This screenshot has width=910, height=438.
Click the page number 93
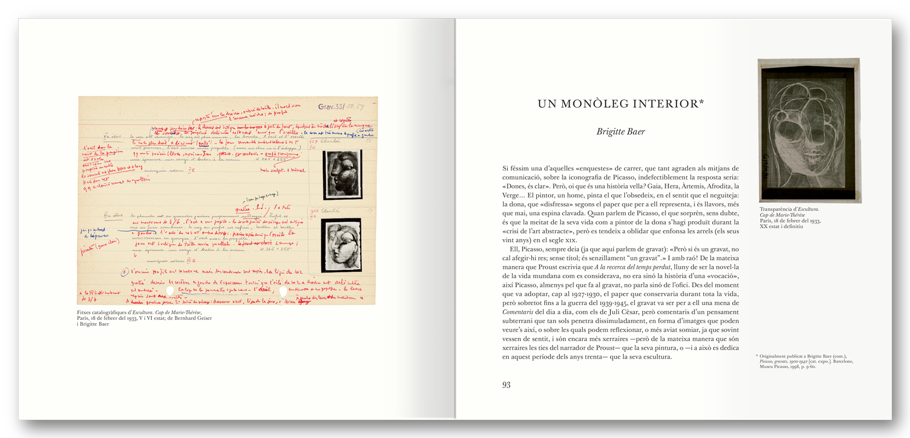(506, 385)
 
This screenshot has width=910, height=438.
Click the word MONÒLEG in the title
(595, 104)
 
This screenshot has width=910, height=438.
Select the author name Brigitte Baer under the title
(621, 131)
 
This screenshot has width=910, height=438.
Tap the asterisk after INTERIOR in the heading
(701, 102)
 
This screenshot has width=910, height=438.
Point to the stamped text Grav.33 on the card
(331, 107)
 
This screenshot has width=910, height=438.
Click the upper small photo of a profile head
(343, 174)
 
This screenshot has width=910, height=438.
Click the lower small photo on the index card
(341, 245)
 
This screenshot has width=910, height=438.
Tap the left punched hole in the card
(170, 291)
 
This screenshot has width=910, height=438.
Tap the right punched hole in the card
(283, 291)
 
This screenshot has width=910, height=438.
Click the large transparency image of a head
(809, 130)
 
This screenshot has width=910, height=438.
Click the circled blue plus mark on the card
(125, 272)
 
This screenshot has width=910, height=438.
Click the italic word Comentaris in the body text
(519, 312)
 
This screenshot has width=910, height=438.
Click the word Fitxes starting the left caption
(86, 313)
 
